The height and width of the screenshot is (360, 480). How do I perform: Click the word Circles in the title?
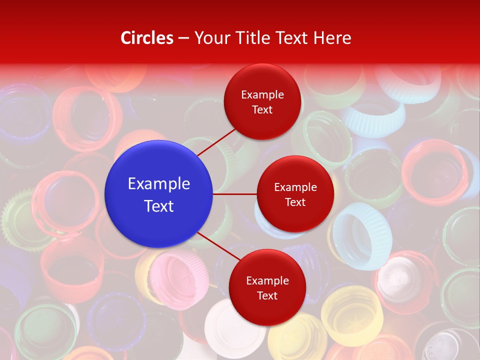146,38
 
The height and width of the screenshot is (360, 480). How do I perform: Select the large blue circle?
159,194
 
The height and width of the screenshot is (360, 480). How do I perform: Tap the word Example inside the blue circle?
159,183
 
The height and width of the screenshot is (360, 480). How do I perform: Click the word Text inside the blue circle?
159,206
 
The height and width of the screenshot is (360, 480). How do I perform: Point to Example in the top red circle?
262,94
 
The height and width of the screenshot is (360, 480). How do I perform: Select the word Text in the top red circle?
262,109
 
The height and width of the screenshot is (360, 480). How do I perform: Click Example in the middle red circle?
295,187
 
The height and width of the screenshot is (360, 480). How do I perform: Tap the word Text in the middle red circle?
295,202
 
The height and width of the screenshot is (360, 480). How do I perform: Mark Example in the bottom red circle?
267,280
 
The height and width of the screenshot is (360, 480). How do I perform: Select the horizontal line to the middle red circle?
235,194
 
